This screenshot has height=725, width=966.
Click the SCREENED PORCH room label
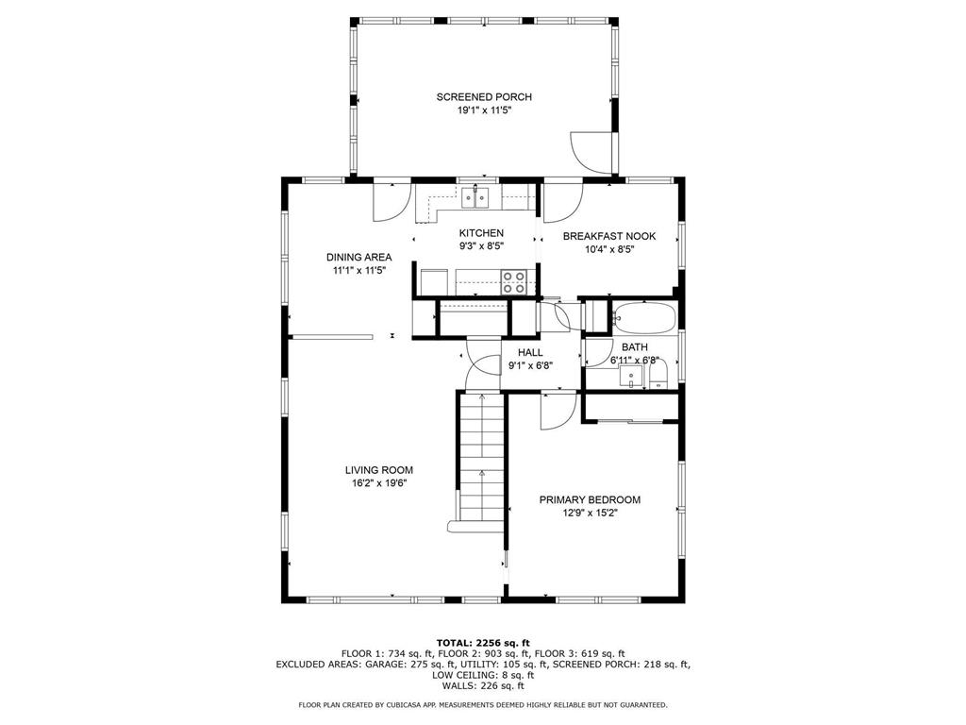point(484,97)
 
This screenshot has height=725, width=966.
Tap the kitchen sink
point(475,197)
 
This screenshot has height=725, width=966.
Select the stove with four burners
point(513,281)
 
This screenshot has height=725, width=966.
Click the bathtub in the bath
point(643,317)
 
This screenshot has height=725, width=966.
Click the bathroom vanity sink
point(631,376)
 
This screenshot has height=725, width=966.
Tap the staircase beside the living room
point(481,460)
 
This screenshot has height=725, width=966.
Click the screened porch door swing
point(591,152)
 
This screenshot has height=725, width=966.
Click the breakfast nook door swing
point(563,203)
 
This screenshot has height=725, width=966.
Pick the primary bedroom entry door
point(558,411)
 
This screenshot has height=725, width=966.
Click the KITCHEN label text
point(481,233)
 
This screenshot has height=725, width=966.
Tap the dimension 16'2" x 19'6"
point(379,483)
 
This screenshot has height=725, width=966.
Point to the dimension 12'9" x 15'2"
point(590,513)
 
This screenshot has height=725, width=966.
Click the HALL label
point(530,353)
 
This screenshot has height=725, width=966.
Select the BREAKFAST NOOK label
point(609,236)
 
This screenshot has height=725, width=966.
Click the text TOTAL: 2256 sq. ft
point(483,642)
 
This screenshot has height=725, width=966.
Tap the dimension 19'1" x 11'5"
point(484,111)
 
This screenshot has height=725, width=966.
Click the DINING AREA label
point(359,257)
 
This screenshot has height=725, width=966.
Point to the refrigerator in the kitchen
point(435,282)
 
